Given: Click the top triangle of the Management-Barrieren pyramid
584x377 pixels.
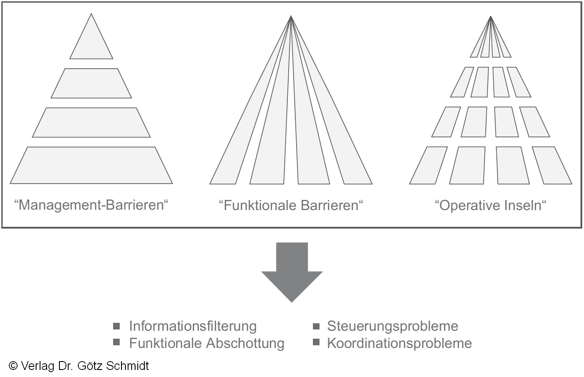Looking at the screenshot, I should (x=91, y=44).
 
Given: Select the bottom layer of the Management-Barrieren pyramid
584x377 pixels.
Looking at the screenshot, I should (x=91, y=165).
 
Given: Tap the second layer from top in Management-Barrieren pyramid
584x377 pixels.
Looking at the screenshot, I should (x=91, y=83).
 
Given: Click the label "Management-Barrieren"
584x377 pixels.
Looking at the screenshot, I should (x=92, y=205).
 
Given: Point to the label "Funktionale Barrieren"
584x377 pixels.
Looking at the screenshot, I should (x=291, y=205).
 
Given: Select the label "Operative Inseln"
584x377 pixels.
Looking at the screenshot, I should (x=490, y=205).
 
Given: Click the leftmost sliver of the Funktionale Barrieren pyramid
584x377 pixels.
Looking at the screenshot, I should (x=238, y=150).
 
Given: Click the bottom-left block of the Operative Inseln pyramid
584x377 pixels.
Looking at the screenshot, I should (x=428, y=165).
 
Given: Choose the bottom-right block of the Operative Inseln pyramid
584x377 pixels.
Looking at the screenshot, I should (x=552, y=165).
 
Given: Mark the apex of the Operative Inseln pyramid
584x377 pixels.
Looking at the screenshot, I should (x=491, y=17).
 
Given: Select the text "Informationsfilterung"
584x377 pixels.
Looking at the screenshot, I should (x=193, y=326).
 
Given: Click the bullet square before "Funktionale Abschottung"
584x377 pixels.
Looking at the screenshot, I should (x=117, y=343).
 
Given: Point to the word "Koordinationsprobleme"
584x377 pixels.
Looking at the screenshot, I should (x=399, y=343).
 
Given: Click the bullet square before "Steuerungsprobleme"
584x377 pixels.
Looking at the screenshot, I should (x=316, y=326).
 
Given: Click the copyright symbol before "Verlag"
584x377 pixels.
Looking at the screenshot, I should (x=13, y=366).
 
